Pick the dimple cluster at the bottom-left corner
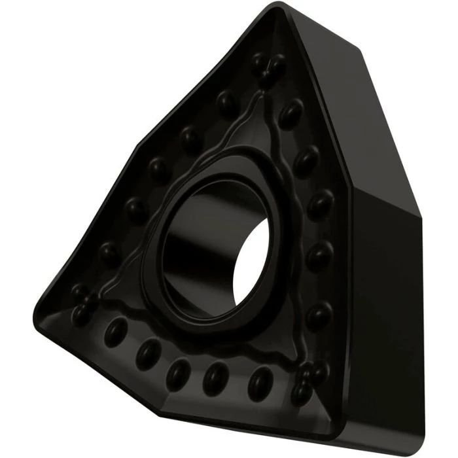tap(84, 301)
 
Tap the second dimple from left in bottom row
tap(149, 353)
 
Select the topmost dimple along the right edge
tap(291, 113)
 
